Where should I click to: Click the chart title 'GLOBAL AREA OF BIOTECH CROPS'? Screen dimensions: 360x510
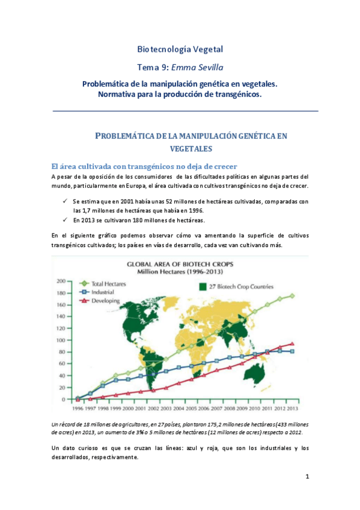pos(180,263)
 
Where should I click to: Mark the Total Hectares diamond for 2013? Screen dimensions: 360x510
pos(292,296)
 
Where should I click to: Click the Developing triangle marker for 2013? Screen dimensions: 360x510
pos(292,344)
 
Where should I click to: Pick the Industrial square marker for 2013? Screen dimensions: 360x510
pos(292,351)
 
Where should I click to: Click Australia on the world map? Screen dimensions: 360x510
pos(258,376)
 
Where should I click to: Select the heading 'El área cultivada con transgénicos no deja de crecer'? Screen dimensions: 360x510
pos(145,166)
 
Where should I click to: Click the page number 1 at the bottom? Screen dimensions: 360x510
pos(307,478)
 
